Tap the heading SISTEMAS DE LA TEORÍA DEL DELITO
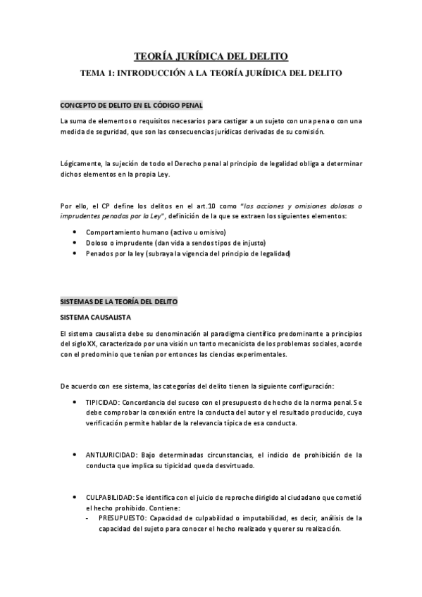pyautogui.click(x=119, y=301)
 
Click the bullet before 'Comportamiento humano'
pyautogui.click(x=75, y=232)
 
